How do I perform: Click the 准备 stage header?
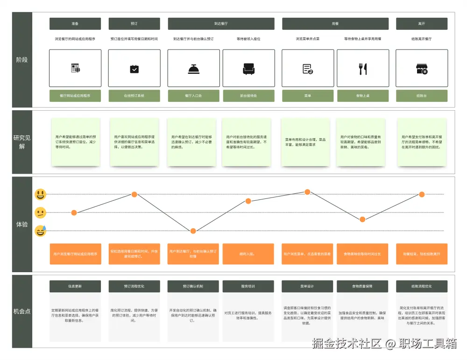click(75, 23)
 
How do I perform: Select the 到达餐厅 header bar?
click(221, 23)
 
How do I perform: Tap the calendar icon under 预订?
click(134, 69)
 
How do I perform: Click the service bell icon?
click(194, 69)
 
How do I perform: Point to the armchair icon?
click(249, 69)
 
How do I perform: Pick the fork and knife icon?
click(363, 69)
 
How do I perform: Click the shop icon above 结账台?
click(422, 69)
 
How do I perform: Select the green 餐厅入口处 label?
click(194, 96)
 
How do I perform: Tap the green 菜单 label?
click(308, 96)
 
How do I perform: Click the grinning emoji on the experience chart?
click(41, 194)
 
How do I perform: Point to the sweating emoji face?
click(41, 231)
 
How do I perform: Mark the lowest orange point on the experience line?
click(193, 231)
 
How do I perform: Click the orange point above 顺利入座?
click(248, 201)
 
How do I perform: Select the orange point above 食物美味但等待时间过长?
click(362, 219)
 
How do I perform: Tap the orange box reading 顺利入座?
click(248, 254)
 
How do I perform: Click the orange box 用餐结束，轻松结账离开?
click(422, 254)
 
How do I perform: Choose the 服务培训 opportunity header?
click(248, 286)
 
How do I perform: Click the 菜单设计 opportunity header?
click(307, 286)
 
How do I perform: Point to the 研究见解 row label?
click(22, 142)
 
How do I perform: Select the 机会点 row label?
click(22, 311)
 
